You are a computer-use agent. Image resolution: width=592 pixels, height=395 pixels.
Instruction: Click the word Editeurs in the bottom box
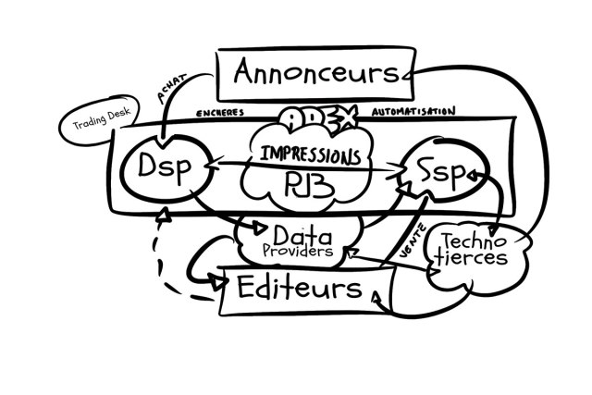[299, 288]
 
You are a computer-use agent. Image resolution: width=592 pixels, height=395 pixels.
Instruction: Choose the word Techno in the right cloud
[472, 241]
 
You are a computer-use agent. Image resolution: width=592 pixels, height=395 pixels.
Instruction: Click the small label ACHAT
[174, 93]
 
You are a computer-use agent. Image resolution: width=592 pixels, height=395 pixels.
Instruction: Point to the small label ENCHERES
[220, 113]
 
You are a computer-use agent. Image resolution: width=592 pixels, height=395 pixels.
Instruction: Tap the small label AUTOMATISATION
[413, 111]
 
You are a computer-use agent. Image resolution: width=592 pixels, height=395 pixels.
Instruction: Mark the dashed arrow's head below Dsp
[164, 216]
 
